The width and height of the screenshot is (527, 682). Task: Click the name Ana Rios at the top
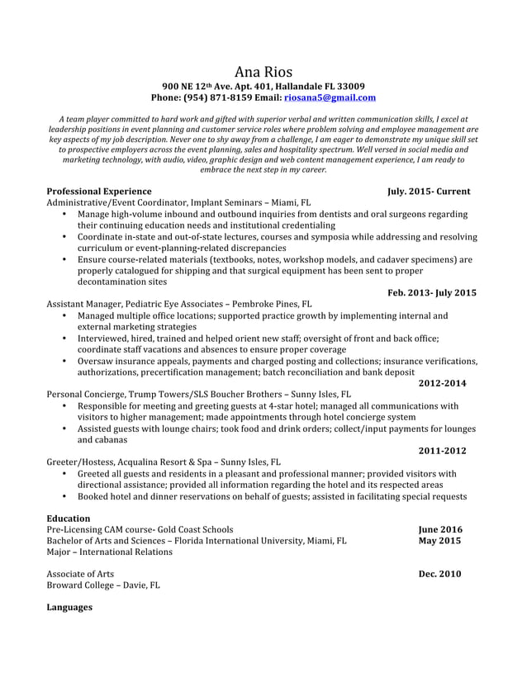(263, 71)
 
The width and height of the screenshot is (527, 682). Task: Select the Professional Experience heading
(99, 191)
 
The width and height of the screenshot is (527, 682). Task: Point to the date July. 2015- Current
(429, 191)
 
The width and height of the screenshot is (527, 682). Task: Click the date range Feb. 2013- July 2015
(431, 292)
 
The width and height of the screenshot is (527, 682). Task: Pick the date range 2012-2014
(442, 383)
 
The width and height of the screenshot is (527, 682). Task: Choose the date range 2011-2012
(442, 451)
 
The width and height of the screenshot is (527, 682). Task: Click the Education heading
(69, 519)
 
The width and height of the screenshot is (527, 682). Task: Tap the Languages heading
(69, 608)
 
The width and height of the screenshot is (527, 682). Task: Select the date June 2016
(440, 530)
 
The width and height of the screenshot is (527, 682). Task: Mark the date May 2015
(439, 541)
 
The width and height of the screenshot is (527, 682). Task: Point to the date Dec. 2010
(439, 574)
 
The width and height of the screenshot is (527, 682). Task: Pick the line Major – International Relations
(110, 552)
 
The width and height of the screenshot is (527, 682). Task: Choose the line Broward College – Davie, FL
(103, 585)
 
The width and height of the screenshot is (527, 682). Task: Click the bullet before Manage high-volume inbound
(65, 215)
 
